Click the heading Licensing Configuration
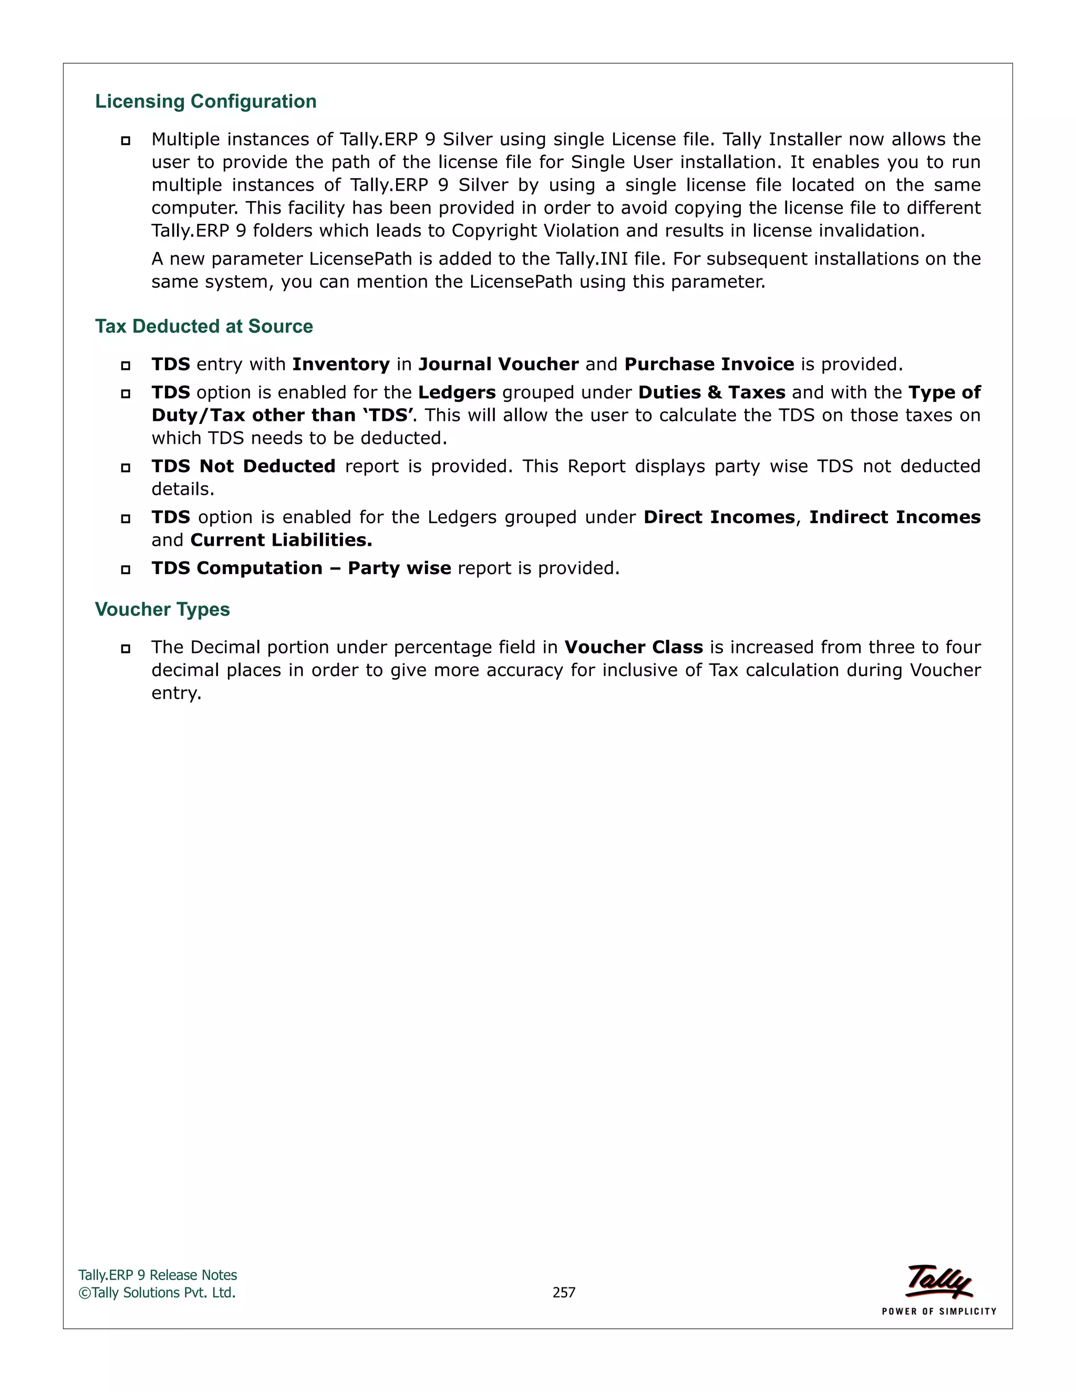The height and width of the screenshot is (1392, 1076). tap(205, 101)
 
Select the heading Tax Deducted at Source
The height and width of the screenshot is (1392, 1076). tap(204, 326)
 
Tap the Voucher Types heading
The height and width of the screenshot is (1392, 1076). tap(162, 609)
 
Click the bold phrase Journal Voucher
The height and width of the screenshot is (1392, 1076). tap(499, 364)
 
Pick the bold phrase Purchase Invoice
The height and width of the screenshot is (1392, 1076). tap(709, 364)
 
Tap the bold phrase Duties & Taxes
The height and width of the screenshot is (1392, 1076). tap(711, 392)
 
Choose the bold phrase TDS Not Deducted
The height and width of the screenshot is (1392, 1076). tap(243, 466)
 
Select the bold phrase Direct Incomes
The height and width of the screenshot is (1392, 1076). tap(719, 517)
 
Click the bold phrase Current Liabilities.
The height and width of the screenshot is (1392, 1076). tap(281, 540)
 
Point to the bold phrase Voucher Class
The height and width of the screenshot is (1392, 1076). tap(634, 647)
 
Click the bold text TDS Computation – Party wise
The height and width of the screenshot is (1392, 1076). tap(301, 568)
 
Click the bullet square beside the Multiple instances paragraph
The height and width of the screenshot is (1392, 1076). tap(126, 140)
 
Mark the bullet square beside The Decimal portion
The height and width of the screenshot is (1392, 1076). tap(126, 648)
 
